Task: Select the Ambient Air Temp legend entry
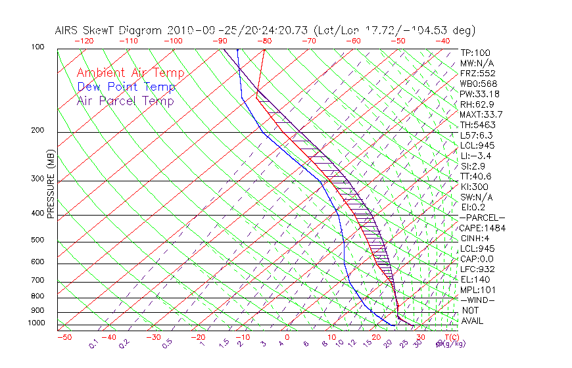pyautogui.click(x=130, y=73)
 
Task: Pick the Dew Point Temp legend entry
pyautogui.click(x=126, y=87)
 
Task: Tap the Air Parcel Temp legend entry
pyautogui.click(x=125, y=101)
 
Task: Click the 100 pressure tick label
pyautogui.click(x=37, y=47)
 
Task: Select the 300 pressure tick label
pyautogui.click(x=37, y=179)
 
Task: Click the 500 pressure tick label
pyautogui.click(x=37, y=241)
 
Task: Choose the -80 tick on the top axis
pyautogui.click(x=265, y=41)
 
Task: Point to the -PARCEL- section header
pyautogui.click(x=482, y=218)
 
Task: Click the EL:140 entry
pyautogui.click(x=475, y=279)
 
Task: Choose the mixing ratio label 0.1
pyautogui.click(x=93, y=343)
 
